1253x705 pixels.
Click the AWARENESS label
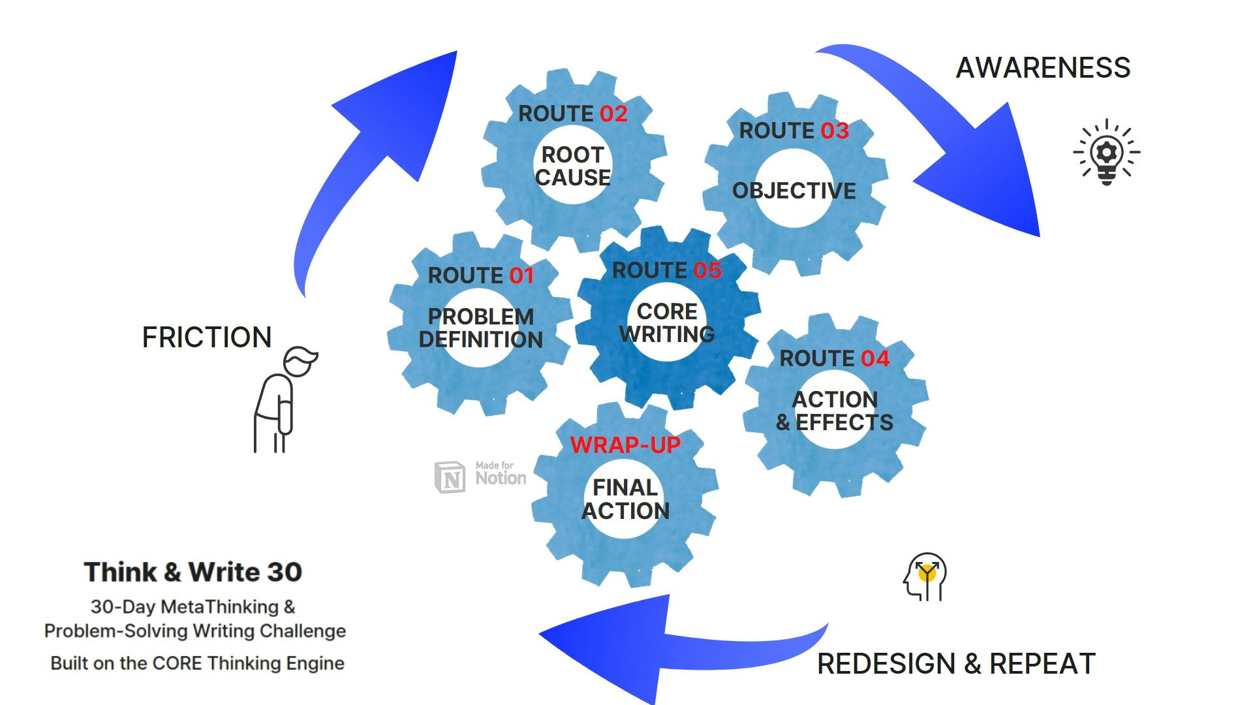click(1043, 68)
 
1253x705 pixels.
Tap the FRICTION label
click(206, 337)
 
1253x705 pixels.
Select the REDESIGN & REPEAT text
click(956, 664)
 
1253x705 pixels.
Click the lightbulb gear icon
click(1107, 153)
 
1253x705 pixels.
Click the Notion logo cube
click(450, 477)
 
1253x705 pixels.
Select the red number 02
click(613, 114)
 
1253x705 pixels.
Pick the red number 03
click(835, 131)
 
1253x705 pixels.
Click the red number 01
click(521, 276)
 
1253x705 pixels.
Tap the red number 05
click(707, 271)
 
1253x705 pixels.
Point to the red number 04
click(875, 359)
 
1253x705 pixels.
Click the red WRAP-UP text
click(625, 445)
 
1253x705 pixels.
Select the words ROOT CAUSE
click(573, 166)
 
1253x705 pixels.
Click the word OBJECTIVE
click(794, 191)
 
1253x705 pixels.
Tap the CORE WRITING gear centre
click(667, 323)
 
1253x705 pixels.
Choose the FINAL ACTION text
click(625, 499)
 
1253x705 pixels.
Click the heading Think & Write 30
click(193, 572)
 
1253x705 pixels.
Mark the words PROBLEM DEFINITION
click(481, 328)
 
